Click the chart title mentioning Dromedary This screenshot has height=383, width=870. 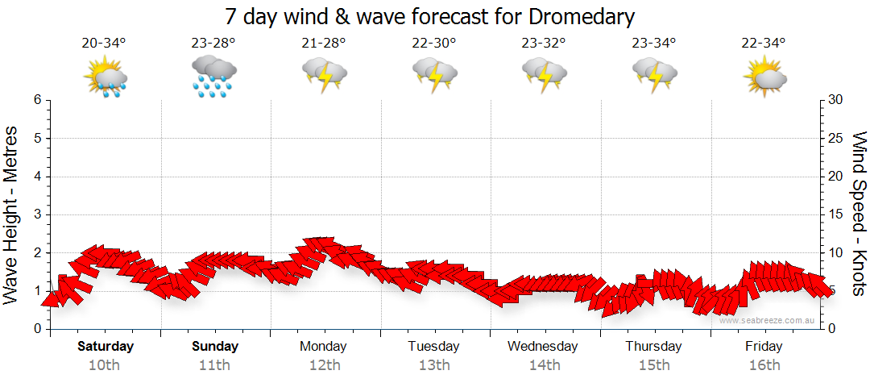coord(429,16)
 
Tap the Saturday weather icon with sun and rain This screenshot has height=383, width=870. coord(106,78)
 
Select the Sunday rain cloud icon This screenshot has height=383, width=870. coord(213,77)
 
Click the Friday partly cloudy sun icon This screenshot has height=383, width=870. coord(764,77)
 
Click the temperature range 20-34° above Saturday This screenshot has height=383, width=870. coord(104,43)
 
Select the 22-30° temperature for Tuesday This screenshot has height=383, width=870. coord(434,43)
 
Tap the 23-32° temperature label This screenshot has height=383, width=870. coord(544,43)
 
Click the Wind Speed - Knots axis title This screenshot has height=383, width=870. coord(857,214)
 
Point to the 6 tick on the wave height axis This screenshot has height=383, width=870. coord(36,100)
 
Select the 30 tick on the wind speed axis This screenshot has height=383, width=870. coord(835,100)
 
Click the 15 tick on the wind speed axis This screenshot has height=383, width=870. coord(835,214)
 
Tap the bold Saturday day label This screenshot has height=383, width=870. coord(106,347)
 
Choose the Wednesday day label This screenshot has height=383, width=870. coord(543,347)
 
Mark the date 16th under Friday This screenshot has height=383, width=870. coord(764,365)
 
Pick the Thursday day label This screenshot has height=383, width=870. coord(653,347)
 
